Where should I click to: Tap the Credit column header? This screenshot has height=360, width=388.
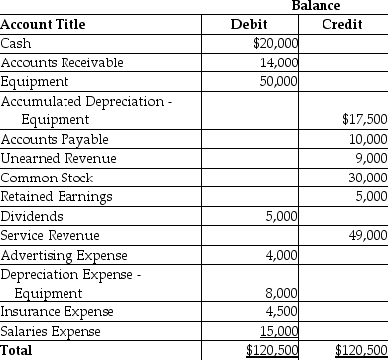click(x=342, y=24)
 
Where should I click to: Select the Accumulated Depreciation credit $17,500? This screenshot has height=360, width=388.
click(x=363, y=120)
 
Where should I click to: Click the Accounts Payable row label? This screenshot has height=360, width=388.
click(x=55, y=139)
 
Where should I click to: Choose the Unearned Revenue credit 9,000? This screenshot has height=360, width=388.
click(x=369, y=159)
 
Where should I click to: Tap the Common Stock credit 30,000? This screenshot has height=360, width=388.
click(x=366, y=178)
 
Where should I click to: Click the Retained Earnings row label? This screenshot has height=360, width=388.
click(x=57, y=196)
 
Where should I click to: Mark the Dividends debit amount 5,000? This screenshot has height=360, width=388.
click(x=282, y=216)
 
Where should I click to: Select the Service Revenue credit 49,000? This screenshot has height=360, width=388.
click(x=366, y=235)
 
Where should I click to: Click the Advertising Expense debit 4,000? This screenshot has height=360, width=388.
click(x=282, y=255)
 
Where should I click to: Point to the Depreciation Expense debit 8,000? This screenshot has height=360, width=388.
click(x=282, y=294)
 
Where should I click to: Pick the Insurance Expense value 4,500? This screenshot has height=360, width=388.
click(x=282, y=312)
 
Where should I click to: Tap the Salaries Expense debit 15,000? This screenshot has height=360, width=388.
click(x=279, y=331)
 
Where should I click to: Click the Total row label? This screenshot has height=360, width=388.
click(x=17, y=350)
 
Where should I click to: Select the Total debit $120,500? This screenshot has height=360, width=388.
click(x=273, y=350)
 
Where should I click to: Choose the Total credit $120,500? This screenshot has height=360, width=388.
click(x=361, y=350)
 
